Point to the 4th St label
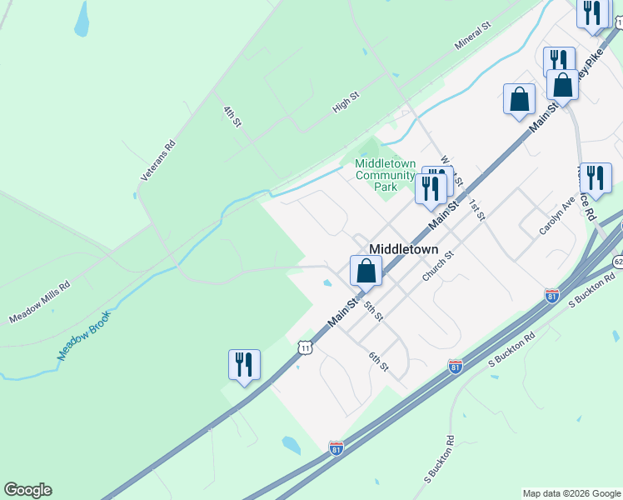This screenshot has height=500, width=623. pyautogui.click(x=232, y=116)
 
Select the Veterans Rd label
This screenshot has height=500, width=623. pyautogui.click(x=158, y=161)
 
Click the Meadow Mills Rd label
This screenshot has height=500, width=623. pyautogui.click(x=39, y=302)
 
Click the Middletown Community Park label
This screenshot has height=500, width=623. pyautogui.click(x=385, y=175)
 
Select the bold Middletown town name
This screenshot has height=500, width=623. pyautogui.click(x=403, y=248)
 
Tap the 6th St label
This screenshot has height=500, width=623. pyautogui.click(x=379, y=362)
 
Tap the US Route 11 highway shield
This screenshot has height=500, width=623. pyautogui.click(x=306, y=347)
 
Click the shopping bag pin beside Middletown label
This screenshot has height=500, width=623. pyautogui.click(x=365, y=271)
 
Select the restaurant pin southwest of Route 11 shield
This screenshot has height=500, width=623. pyautogui.click(x=244, y=365)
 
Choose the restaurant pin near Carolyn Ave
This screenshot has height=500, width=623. pyautogui.click(x=596, y=178)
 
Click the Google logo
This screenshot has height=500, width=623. pyautogui.click(x=27, y=490)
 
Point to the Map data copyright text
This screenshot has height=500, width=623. pyautogui.click(x=571, y=493)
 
